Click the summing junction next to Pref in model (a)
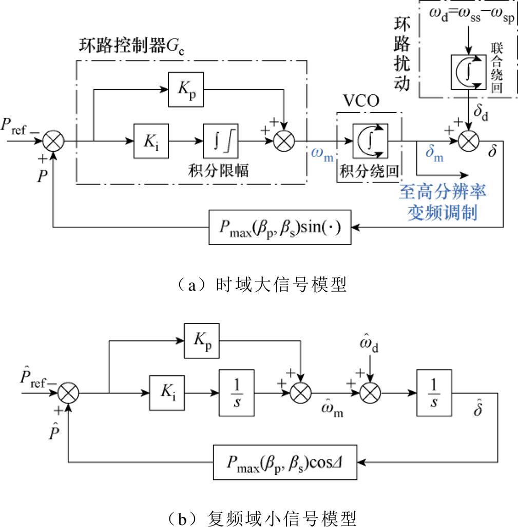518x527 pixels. (x=52, y=139)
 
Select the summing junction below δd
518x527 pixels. (x=468, y=139)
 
